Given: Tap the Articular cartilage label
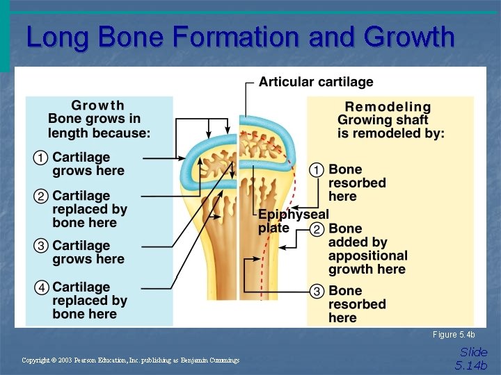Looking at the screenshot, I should [316, 82].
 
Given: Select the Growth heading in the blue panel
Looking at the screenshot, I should [98, 106].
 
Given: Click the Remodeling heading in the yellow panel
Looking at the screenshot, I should [388, 107].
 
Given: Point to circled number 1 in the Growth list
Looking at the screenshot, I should [41, 158].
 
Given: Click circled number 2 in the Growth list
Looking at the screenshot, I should [41, 197].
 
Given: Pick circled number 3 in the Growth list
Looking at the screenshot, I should [41, 246].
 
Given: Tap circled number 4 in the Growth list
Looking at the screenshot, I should [41, 287].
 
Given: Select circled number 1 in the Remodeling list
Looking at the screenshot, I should [317, 169].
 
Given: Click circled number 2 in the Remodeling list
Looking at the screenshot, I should [317, 229].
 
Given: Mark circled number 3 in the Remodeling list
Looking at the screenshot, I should [317, 291].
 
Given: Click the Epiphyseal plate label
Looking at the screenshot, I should [292, 221].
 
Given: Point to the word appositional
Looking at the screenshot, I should [367, 256].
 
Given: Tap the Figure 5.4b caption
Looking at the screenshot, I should [454, 335].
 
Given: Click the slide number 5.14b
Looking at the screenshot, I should [472, 365].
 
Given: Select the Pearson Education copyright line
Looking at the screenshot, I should [130, 360].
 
